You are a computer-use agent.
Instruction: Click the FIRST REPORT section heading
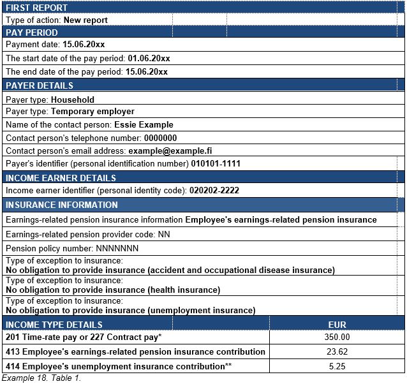click(x=36, y=8)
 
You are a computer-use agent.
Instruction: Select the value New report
click(x=85, y=20)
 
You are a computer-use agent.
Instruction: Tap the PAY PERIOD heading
click(x=32, y=33)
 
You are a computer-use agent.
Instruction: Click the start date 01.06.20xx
click(x=149, y=58)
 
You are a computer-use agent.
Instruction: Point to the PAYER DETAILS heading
click(x=40, y=85)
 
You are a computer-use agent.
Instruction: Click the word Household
click(x=73, y=100)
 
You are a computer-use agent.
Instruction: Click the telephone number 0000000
click(x=160, y=138)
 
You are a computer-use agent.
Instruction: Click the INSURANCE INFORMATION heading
click(x=62, y=205)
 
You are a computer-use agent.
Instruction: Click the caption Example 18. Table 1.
click(x=41, y=378)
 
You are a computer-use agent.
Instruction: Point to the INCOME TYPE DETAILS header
click(x=54, y=325)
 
